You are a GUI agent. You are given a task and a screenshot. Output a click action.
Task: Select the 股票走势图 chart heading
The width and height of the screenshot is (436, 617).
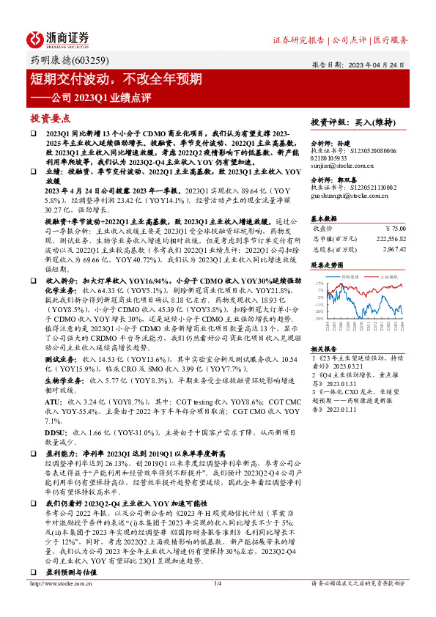click(x=327, y=265)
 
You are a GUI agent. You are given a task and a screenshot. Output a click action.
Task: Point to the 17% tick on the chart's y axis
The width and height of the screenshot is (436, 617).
click(x=318, y=283)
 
